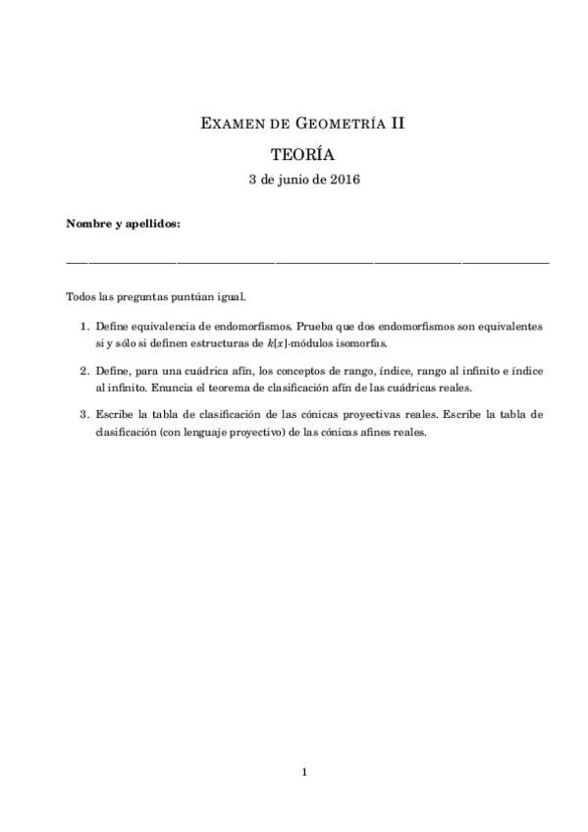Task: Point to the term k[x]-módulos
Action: [284, 343]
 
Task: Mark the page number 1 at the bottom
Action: [305, 772]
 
